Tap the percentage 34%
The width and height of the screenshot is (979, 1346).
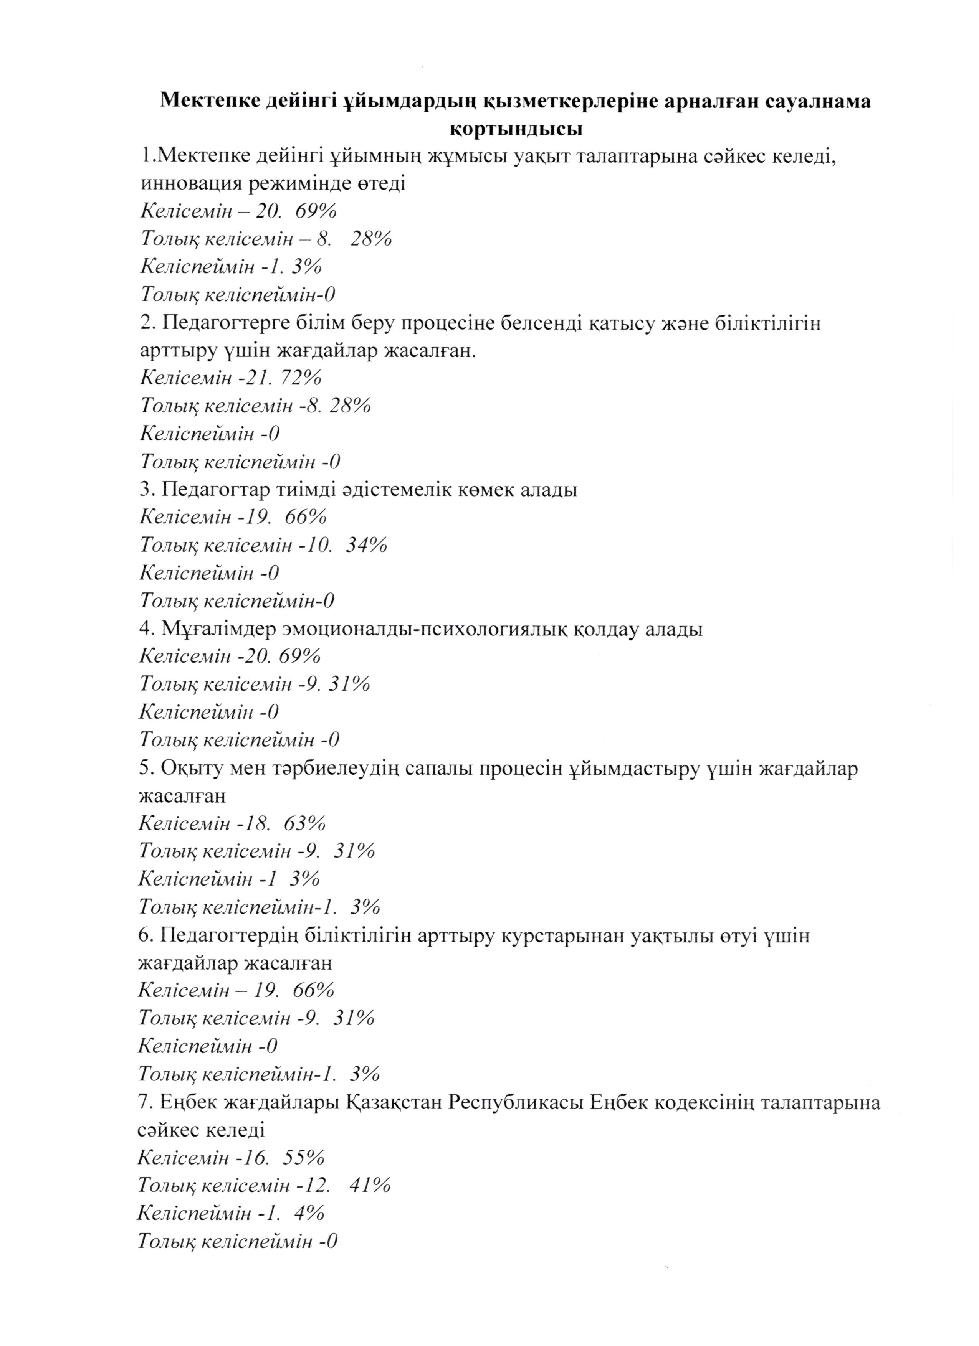[366, 545]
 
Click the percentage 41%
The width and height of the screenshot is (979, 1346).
[370, 1186]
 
